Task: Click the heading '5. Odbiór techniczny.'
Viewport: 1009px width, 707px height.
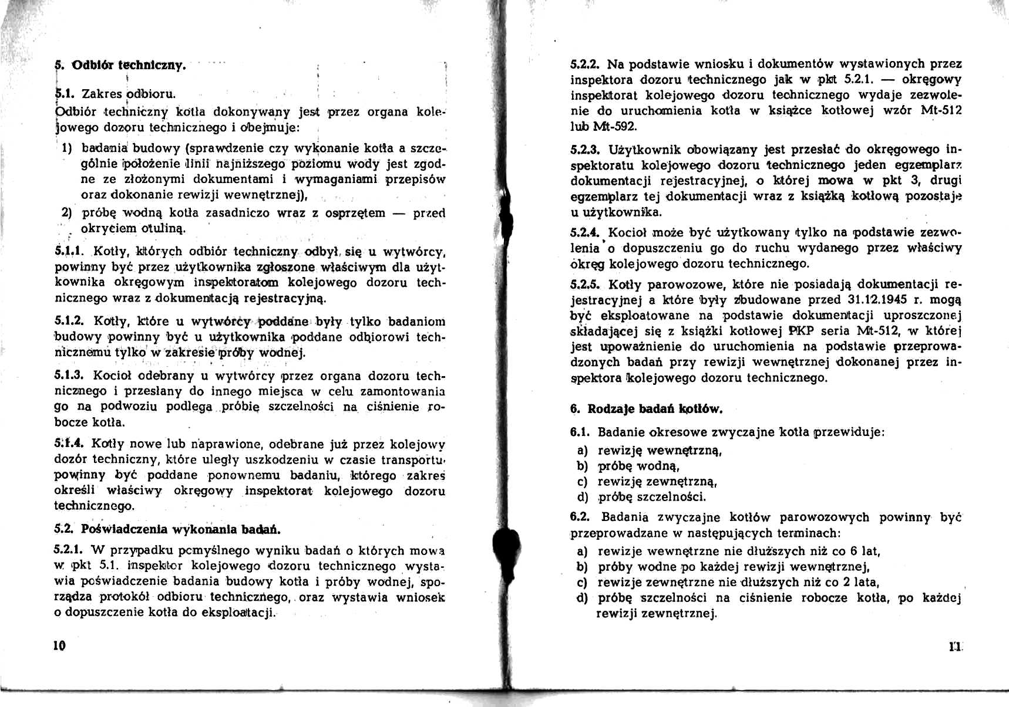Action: (x=120, y=65)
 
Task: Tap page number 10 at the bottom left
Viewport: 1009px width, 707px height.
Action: (x=59, y=646)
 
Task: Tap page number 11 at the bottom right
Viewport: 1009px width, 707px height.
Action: (x=953, y=647)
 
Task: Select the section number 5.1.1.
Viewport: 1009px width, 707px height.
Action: (x=70, y=252)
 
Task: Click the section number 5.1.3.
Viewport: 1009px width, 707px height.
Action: (x=69, y=376)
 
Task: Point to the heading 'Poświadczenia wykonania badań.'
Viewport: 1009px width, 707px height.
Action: (x=180, y=529)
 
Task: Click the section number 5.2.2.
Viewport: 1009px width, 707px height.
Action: (x=585, y=64)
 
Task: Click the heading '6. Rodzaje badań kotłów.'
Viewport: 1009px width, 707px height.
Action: (x=646, y=409)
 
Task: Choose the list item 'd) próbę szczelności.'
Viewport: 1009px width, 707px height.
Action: (x=641, y=497)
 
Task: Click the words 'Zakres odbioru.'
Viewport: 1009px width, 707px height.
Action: (x=129, y=94)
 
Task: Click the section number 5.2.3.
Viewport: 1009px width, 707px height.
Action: (x=585, y=150)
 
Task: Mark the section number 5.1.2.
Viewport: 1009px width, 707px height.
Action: (x=69, y=321)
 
